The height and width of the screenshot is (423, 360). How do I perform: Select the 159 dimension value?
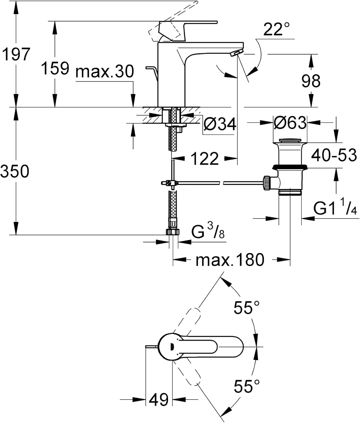pyautogui.click(x=55, y=69)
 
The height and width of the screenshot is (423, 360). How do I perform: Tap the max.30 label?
pyautogui.click(x=105, y=72)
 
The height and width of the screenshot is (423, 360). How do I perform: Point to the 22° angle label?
pyautogui.click(x=276, y=29)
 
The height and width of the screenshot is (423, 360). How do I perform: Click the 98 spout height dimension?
pyautogui.click(x=311, y=81)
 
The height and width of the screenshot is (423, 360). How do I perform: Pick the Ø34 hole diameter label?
pyautogui.click(x=220, y=124)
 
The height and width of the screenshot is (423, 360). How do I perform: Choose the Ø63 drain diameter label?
pyautogui.click(x=290, y=123)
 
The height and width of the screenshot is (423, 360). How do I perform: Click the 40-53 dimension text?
pyautogui.click(x=334, y=155)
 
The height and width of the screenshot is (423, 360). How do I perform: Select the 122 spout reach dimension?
pyautogui.click(x=205, y=159)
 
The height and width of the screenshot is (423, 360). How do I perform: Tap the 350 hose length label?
pyautogui.click(x=15, y=171)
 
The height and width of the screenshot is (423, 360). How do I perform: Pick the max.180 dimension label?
pyautogui.click(x=230, y=260)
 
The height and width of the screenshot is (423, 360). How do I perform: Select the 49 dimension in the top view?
pyautogui.click(x=159, y=399)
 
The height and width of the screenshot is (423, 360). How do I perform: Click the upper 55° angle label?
pyautogui.click(x=246, y=307)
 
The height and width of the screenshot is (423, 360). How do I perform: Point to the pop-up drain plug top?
pyautogui.click(x=290, y=140)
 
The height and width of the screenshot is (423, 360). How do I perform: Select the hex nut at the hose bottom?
pyautogui.click(x=173, y=232)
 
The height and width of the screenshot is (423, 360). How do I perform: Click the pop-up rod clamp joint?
pyautogui.click(x=170, y=183)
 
